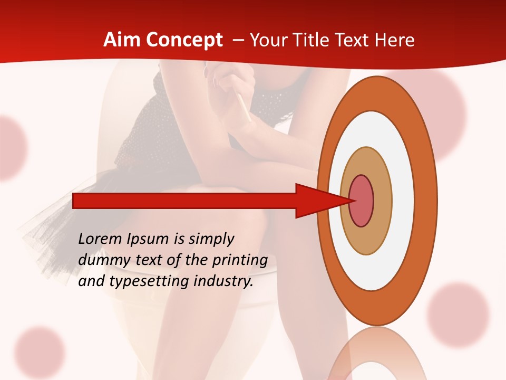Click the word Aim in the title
coord(122,40)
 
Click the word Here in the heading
coord(395,40)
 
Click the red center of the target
coord(362,201)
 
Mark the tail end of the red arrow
coord(76,201)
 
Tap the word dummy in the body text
coord(101,260)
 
